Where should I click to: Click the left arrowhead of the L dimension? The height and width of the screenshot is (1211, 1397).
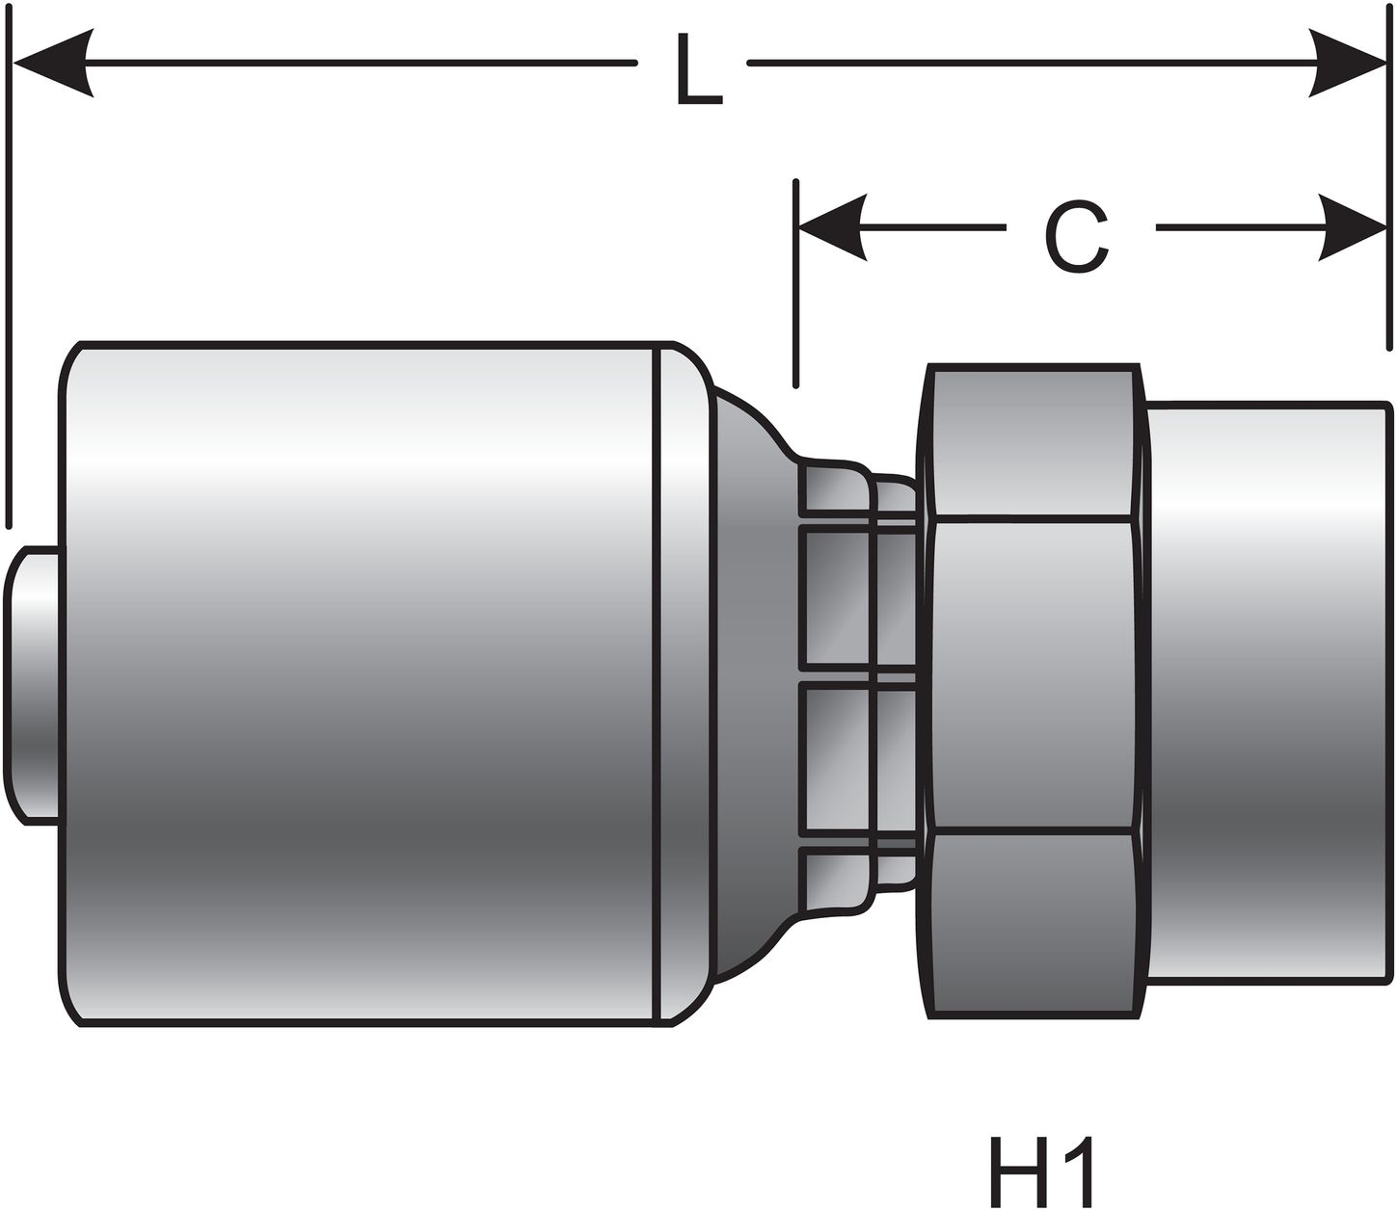coord(53,64)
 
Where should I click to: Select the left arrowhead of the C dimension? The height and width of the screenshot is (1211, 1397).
coord(831,228)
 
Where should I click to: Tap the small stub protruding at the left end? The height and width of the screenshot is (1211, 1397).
coord(34,684)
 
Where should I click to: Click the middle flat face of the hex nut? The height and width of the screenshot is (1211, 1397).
coord(1032,674)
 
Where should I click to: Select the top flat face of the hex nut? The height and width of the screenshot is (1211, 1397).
coord(1032,443)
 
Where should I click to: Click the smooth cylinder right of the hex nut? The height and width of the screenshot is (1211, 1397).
coord(1268,694)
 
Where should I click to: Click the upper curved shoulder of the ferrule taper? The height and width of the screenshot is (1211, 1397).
coord(752,424)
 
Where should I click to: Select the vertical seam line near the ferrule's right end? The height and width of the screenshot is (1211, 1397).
coord(658,684)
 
